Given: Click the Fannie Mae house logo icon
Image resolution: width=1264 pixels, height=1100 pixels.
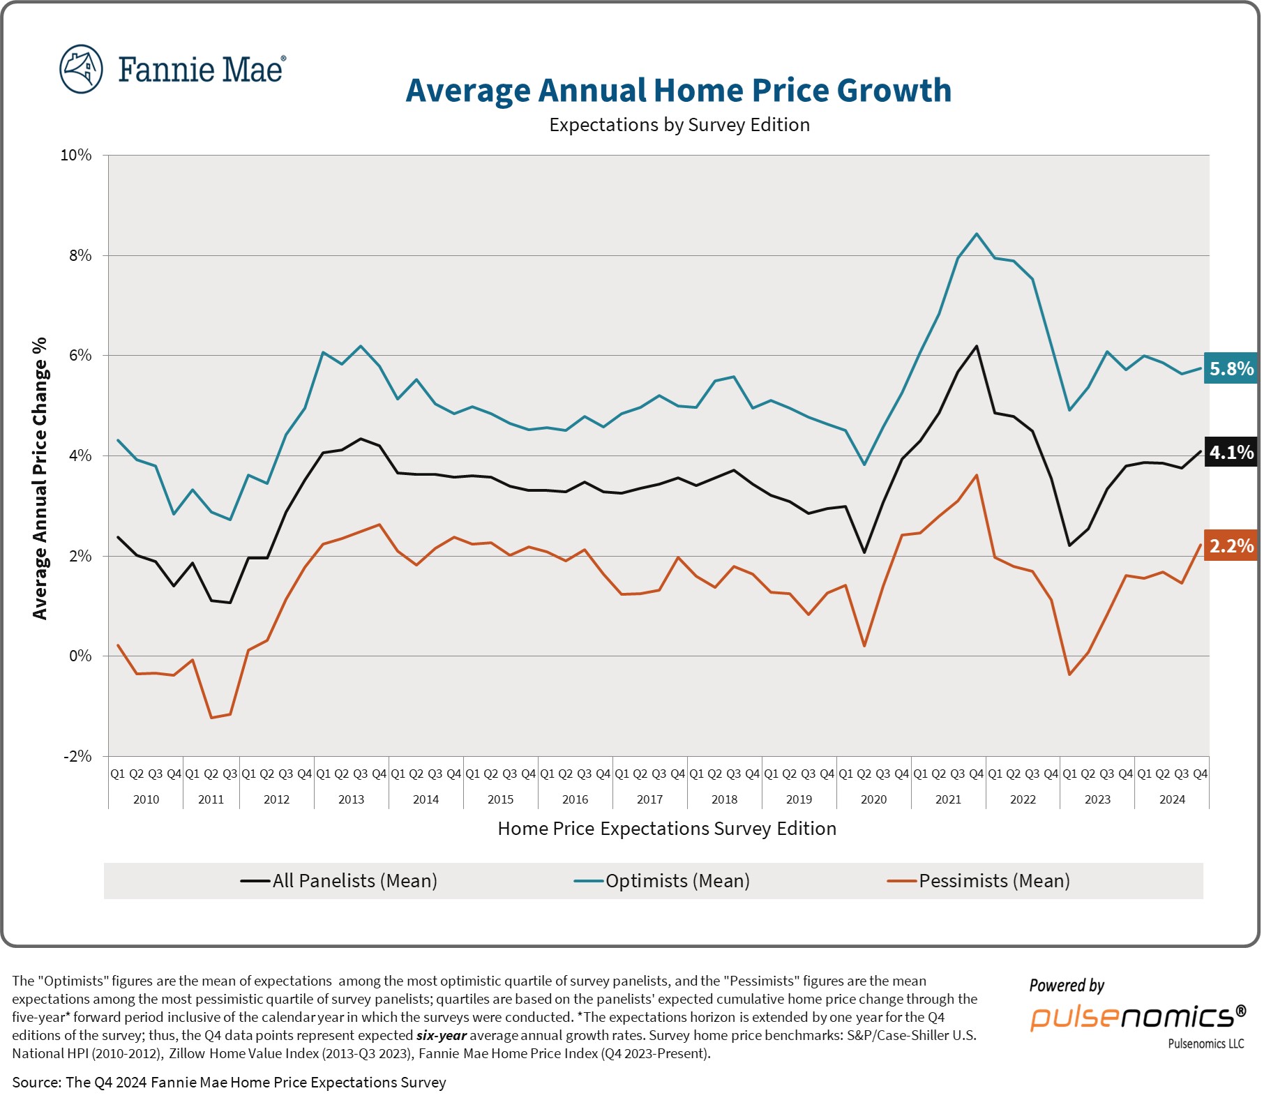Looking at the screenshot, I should click(x=81, y=69).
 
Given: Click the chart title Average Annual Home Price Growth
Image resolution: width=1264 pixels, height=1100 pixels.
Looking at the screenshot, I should click(x=678, y=91).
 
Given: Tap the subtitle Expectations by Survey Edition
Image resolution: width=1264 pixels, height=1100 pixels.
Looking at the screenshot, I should click(x=679, y=125).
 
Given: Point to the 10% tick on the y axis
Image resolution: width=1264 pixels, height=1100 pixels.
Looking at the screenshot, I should click(x=76, y=155).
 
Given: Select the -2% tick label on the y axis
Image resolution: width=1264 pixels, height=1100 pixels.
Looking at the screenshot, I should click(x=77, y=756).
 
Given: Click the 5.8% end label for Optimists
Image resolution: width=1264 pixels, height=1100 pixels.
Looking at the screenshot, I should click(x=1231, y=368).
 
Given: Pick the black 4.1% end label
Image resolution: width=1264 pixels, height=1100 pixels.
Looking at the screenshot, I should click(x=1231, y=453).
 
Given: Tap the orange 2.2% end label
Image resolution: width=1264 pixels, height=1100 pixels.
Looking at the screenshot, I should click(x=1231, y=546).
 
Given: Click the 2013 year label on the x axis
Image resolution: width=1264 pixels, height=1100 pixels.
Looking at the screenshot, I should click(x=351, y=799).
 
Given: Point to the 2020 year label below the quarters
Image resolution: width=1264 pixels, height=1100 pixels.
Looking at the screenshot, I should click(x=873, y=799).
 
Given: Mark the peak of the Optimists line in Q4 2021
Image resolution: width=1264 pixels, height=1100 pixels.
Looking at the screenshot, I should click(x=976, y=234).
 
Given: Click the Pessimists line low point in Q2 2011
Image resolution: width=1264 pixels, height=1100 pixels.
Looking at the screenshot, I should click(x=211, y=718).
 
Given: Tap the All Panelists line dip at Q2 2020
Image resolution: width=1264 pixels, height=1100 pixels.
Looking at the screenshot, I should click(x=864, y=552).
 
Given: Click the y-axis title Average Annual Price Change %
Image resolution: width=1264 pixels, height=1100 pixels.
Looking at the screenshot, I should click(x=40, y=478).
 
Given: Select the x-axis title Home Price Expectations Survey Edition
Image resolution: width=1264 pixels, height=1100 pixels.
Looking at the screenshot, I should click(x=666, y=829).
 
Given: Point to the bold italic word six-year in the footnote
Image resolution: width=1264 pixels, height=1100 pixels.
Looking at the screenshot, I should click(x=441, y=1035).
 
